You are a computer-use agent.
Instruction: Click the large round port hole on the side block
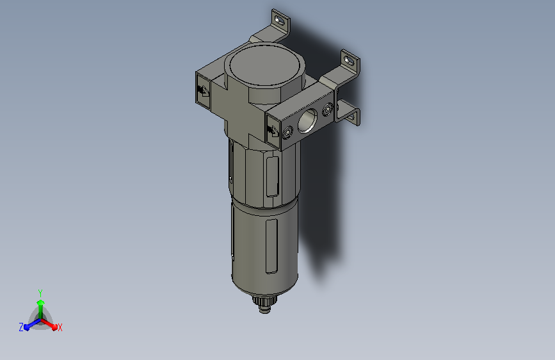[307, 120]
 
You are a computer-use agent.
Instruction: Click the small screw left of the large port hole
[287, 133]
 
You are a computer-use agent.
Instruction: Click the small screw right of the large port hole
[328, 110]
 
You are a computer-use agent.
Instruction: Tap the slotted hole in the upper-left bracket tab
[280, 20]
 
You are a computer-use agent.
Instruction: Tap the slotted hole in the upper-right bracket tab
[350, 61]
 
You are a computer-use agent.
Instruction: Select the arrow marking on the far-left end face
[202, 91]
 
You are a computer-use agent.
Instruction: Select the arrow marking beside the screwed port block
[273, 131]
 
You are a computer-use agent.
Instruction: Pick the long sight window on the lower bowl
[271, 246]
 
